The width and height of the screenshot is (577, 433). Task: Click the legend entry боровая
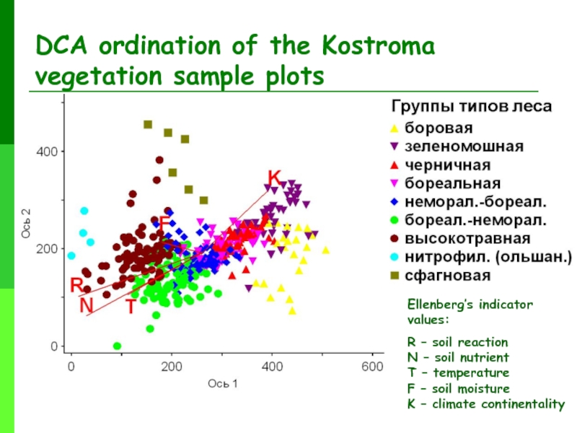pos(439,128)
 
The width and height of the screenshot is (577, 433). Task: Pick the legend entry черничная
pos(447,165)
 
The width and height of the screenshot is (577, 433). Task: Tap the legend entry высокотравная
pos(467,237)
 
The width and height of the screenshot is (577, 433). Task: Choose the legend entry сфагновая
pos(447,275)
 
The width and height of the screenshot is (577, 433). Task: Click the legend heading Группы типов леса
pos(472,108)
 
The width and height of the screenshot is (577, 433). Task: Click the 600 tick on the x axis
pos(373,367)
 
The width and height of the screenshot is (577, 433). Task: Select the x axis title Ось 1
pos(223,383)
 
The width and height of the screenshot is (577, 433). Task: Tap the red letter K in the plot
pos(274,178)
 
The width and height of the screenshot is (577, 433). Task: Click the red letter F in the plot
pos(164,224)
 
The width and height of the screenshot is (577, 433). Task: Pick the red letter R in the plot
pos(76,285)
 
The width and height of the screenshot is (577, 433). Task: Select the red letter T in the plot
pos(131,307)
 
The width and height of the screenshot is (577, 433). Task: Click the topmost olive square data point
pos(148,125)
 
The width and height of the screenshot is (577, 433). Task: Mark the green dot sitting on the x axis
pos(118,346)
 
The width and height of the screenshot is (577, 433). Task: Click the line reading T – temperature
pos(458,373)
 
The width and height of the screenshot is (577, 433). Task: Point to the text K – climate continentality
pos(485,404)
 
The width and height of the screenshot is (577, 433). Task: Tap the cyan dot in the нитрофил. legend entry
pos(394,257)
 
